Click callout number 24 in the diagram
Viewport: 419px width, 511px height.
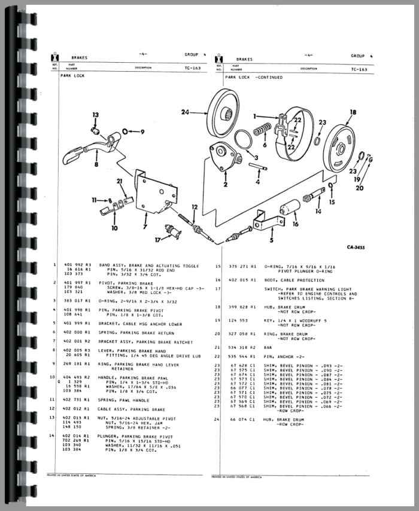(185, 112)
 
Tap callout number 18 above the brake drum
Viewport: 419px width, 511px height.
(352, 112)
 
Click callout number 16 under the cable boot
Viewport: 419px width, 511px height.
(295, 224)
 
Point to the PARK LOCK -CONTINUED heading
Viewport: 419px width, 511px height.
(251, 78)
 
